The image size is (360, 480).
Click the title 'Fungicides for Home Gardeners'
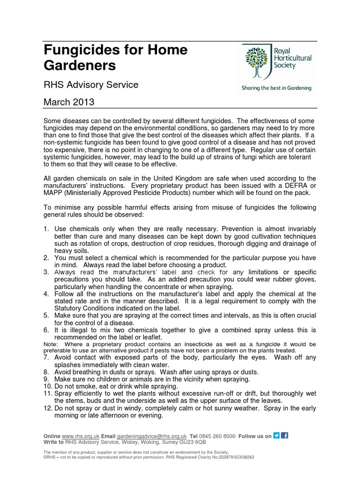[x=115, y=57]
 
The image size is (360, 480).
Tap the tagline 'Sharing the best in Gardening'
[x=276, y=88]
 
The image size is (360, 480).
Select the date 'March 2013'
[x=69, y=102]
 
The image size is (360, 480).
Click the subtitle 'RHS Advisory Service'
[x=91, y=85]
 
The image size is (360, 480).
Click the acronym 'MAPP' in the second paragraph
[x=54, y=193]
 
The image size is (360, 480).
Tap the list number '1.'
[x=46, y=229]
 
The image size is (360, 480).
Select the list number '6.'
[x=46, y=330]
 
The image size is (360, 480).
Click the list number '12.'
[x=48, y=408]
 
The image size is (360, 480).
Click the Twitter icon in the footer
[x=277, y=435]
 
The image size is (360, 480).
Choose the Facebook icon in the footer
[x=285, y=435]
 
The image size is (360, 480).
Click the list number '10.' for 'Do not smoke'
[x=48, y=386]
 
